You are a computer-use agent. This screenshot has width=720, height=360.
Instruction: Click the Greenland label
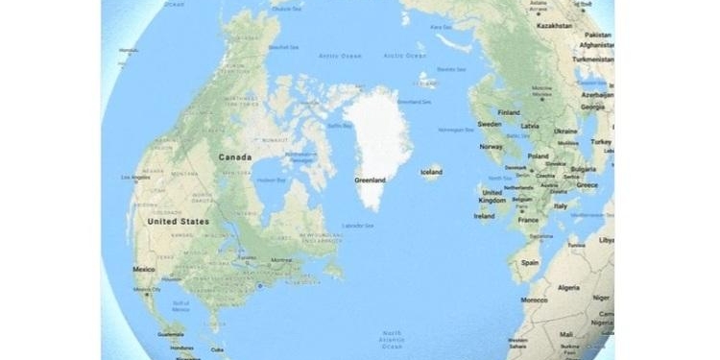(x=370, y=180)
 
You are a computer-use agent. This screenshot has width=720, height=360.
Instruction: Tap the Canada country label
(x=235, y=156)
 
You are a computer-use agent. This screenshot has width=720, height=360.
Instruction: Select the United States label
(x=177, y=221)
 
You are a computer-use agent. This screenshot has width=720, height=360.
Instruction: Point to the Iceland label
(x=431, y=172)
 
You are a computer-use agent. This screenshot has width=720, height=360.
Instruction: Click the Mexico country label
(x=145, y=270)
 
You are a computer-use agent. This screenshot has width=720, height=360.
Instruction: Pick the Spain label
(x=526, y=260)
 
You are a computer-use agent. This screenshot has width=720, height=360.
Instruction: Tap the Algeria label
(x=569, y=287)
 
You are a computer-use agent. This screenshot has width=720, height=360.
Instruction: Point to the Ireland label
(x=485, y=215)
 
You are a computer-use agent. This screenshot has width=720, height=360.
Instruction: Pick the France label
(x=528, y=220)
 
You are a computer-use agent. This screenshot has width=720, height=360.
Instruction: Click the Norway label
(x=492, y=147)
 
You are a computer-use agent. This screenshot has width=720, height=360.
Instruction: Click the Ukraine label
(x=565, y=131)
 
